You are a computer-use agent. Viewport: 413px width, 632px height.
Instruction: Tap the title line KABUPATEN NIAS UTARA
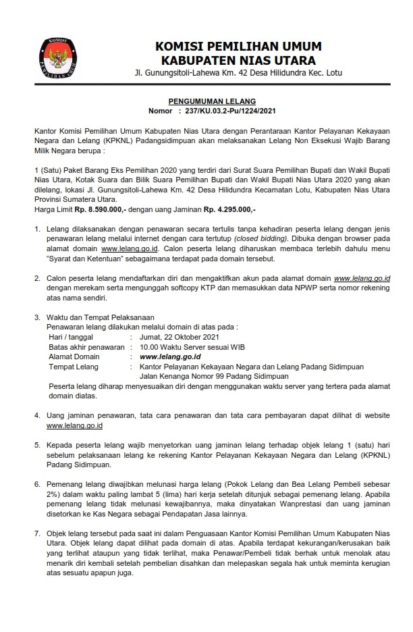tap(238, 59)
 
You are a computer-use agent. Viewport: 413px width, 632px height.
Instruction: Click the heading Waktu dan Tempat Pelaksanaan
tap(101, 316)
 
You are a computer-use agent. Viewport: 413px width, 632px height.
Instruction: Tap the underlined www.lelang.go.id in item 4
tap(74, 426)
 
